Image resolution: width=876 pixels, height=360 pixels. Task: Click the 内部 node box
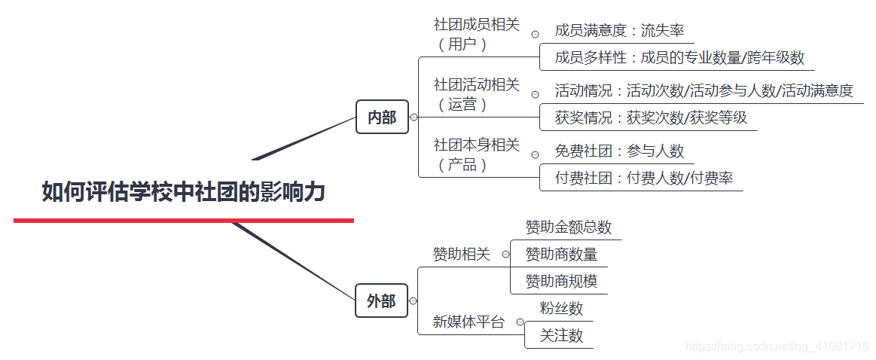(382, 117)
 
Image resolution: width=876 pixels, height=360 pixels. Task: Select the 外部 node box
(381, 301)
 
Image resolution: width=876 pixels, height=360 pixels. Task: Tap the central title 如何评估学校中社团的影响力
(183, 192)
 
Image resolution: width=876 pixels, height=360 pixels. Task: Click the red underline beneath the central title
(183, 220)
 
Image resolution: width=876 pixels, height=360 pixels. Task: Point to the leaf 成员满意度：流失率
(619, 31)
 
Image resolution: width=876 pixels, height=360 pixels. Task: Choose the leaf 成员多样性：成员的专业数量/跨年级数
(679, 57)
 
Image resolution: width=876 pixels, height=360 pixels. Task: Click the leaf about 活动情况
(704, 91)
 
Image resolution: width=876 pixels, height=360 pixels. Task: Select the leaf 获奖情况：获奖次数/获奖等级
(651, 117)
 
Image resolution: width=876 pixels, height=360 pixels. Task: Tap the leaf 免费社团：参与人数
(619, 151)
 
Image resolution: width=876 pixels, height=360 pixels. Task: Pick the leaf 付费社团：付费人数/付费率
(644, 178)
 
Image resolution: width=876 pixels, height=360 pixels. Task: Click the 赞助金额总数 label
(569, 227)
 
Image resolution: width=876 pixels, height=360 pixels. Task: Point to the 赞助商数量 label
(561, 254)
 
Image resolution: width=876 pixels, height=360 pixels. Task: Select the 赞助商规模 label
(561, 281)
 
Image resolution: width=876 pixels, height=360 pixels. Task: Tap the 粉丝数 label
(561, 308)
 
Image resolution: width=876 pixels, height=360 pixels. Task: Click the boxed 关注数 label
(561, 335)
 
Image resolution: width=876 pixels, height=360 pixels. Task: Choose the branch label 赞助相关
(461, 255)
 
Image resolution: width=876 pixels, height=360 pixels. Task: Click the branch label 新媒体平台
(469, 322)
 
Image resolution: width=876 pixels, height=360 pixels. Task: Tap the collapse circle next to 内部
(414, 117)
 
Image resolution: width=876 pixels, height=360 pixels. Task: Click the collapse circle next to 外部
(414, 301)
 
